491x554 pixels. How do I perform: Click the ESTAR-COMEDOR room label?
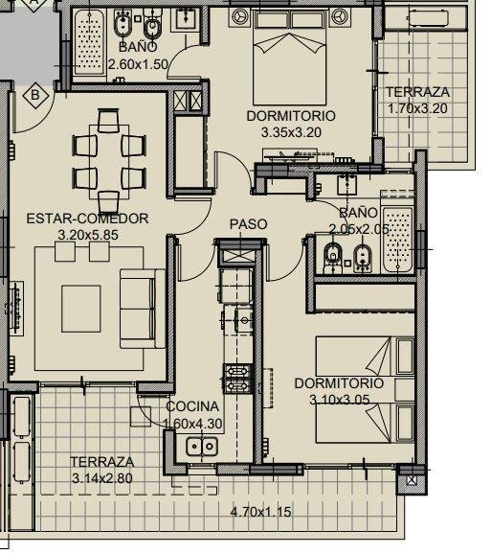click(87, 219)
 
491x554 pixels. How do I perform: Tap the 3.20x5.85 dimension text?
click(88, 235)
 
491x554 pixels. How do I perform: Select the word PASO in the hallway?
click(248, 224)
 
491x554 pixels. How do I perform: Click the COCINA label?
click(192, 406)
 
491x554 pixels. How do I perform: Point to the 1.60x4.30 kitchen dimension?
click(192, 423)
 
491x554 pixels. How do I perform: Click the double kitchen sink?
click(202, 446)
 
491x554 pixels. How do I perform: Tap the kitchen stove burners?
click(237, 379)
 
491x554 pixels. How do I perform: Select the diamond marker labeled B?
click(35, 95)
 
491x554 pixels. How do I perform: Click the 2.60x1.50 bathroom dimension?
click(138, 64)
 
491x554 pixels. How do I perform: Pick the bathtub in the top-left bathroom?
click(90, 42)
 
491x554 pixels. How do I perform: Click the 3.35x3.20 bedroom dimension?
click(291, 132)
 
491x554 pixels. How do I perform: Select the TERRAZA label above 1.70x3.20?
click(418, 92)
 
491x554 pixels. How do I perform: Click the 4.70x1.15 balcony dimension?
click(261, 512)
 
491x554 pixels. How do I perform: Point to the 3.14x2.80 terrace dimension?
click(102, 478)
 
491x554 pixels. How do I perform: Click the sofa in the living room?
click(143, 309)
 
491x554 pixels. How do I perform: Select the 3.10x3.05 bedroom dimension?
click(340, 400)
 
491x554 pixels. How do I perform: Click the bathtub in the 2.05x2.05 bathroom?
click(397, 240)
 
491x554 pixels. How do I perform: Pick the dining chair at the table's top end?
click(108, 121)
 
